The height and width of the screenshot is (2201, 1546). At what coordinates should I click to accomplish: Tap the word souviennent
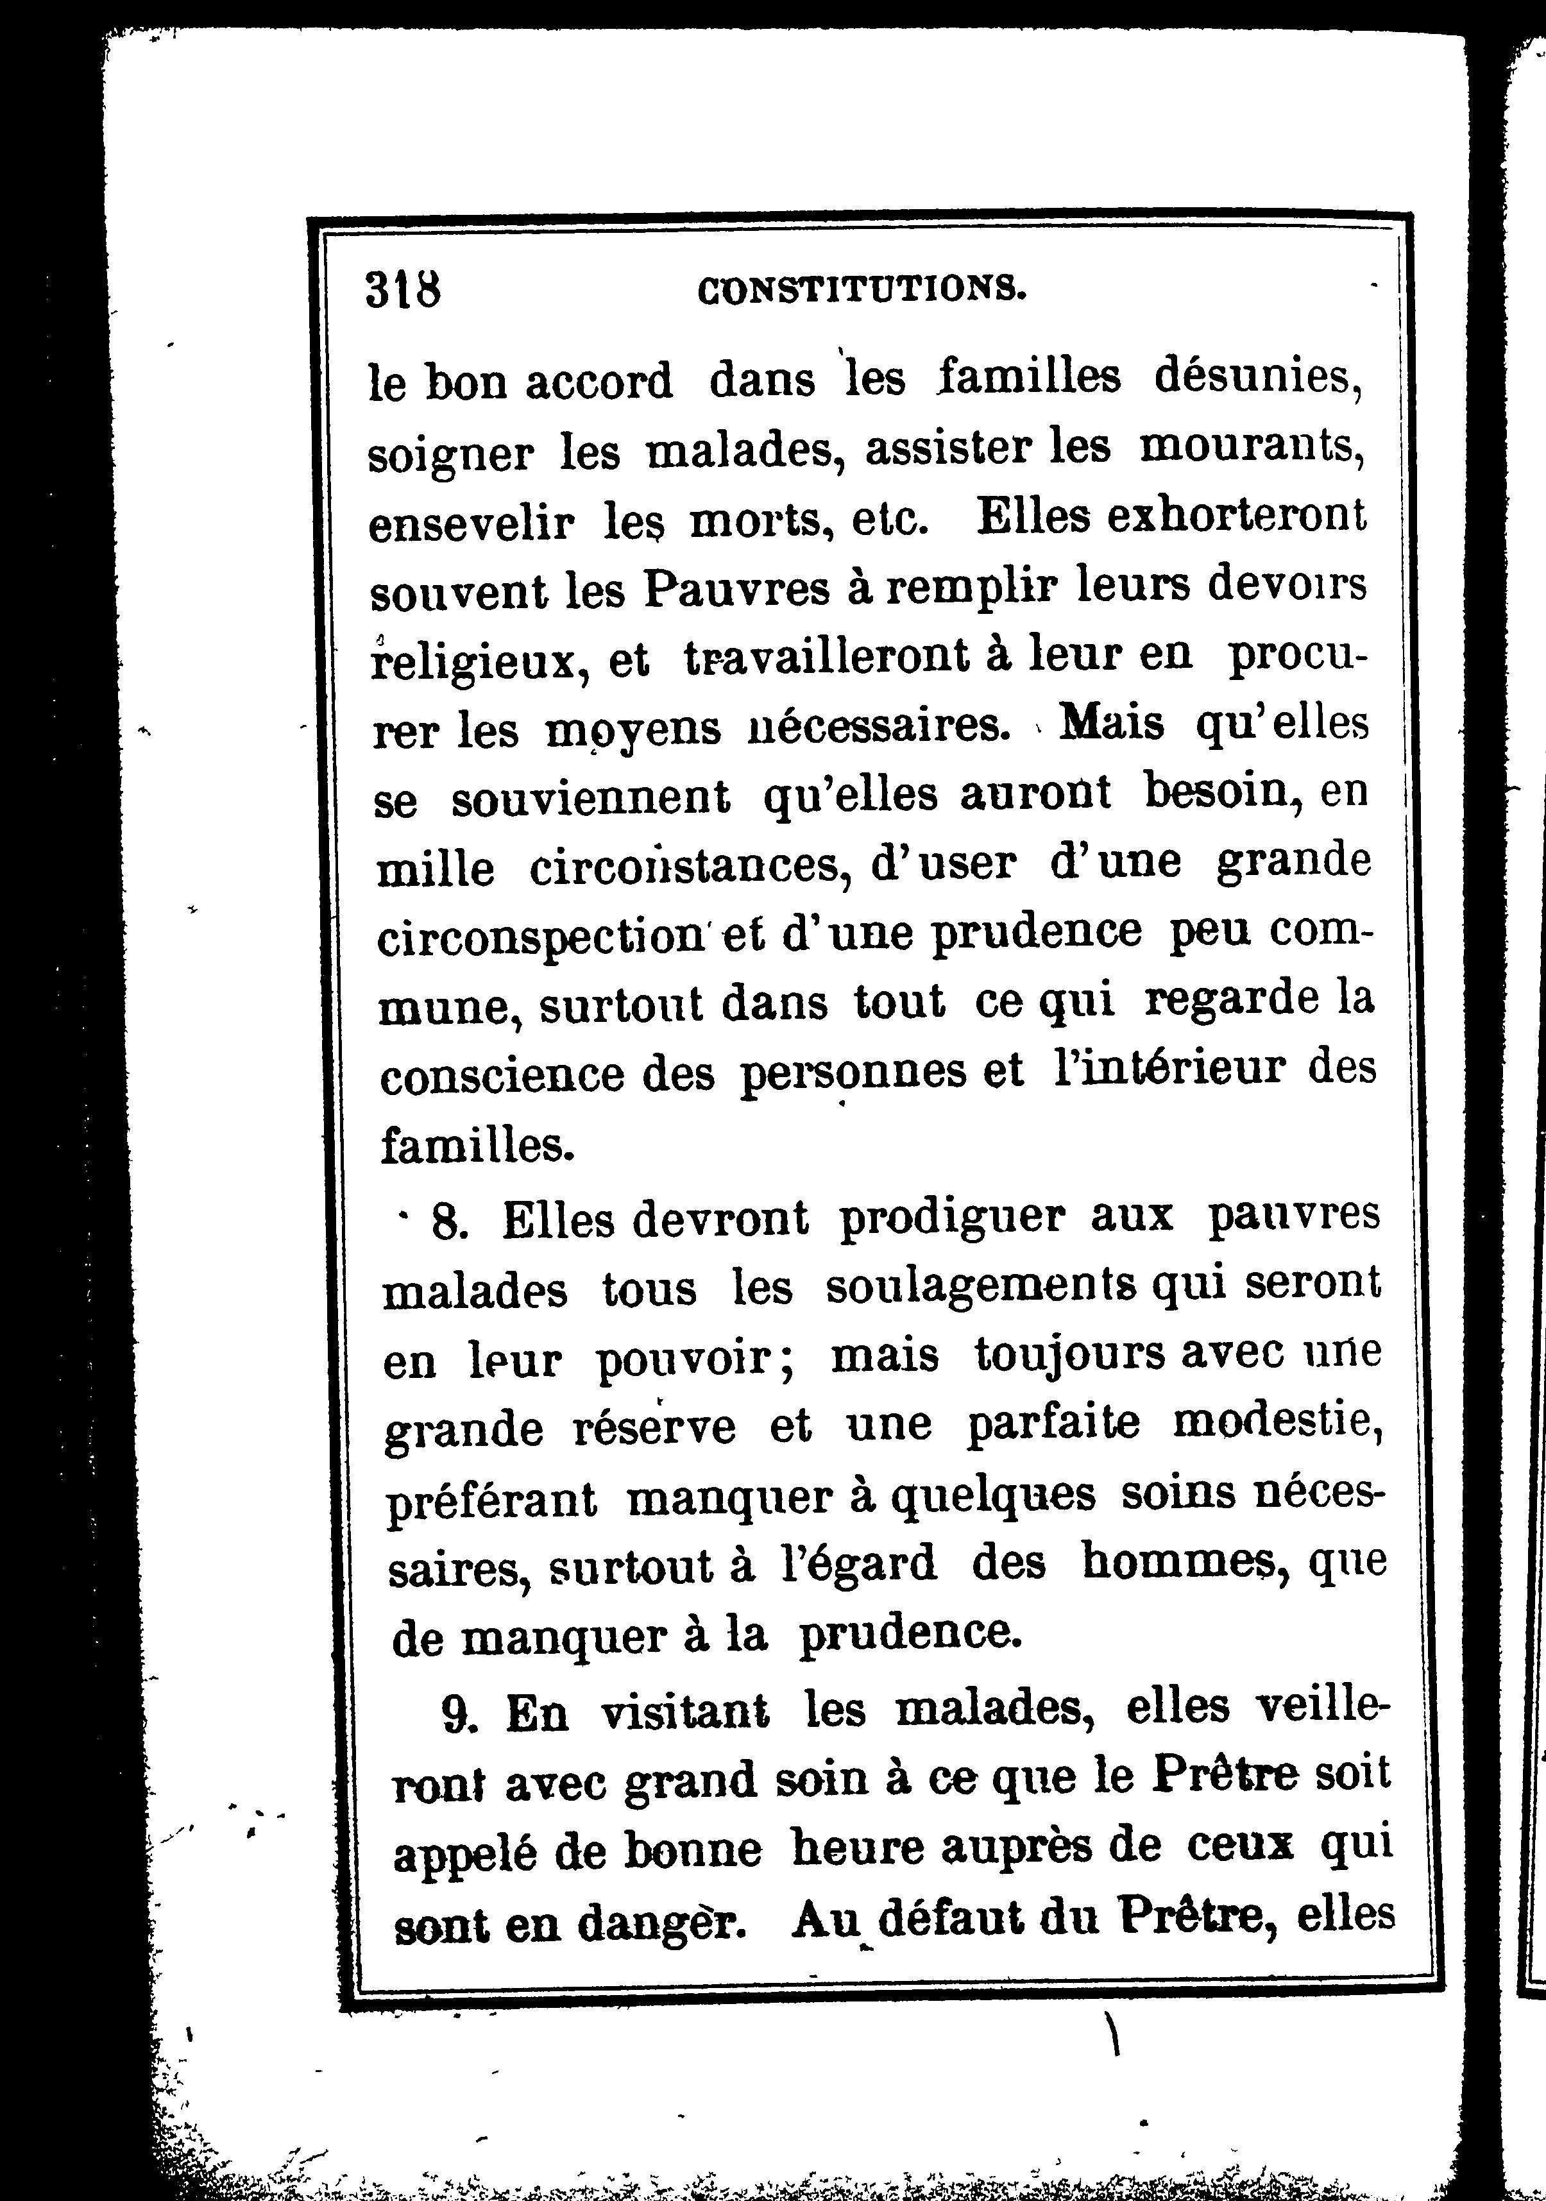click(590, 797)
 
